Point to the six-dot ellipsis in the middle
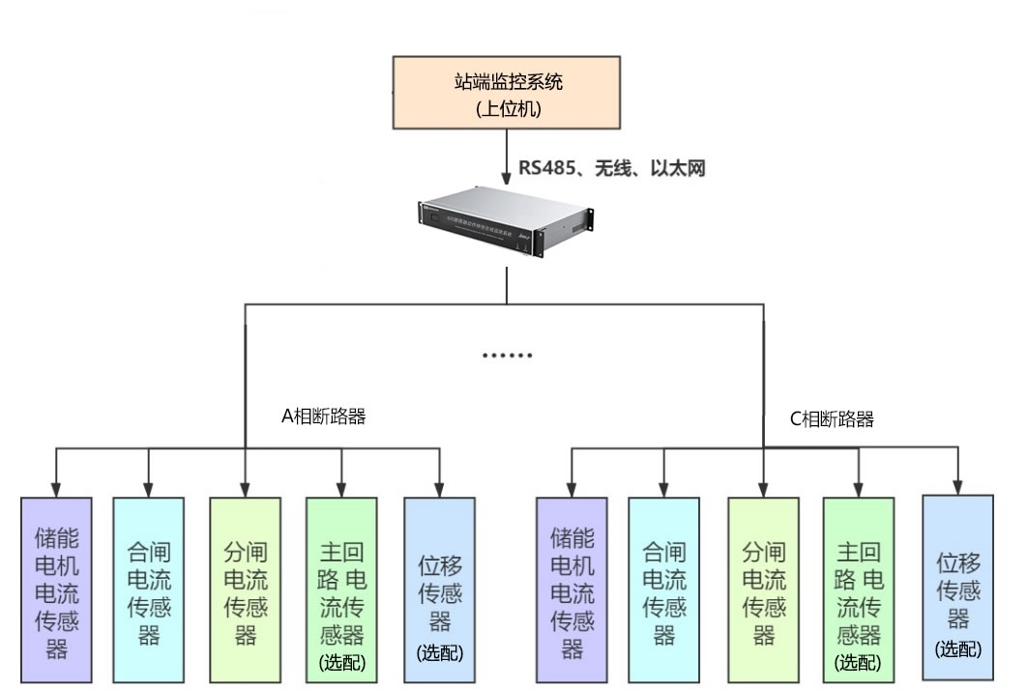(508, 356)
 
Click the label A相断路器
(323, 417)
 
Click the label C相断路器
(832, 419)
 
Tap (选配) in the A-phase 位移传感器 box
(440, 652)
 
